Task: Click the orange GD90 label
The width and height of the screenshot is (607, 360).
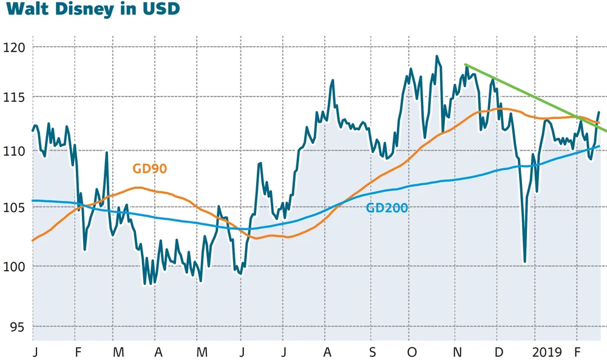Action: point(149,169)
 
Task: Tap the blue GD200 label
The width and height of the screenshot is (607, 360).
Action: point(387,208)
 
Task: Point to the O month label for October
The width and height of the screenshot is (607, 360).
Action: point(413,352)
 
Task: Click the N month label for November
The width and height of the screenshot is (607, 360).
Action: point(458,352)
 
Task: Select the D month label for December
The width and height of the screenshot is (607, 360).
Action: point(498,352)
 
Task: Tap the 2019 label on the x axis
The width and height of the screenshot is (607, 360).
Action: point(548,352)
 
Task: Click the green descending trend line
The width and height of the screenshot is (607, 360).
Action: point(534,97)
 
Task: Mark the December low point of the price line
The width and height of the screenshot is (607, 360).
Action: point(524,262)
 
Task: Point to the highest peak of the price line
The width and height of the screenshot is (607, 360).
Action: point(437,56)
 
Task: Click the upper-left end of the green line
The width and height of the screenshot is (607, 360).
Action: point(466,64)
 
